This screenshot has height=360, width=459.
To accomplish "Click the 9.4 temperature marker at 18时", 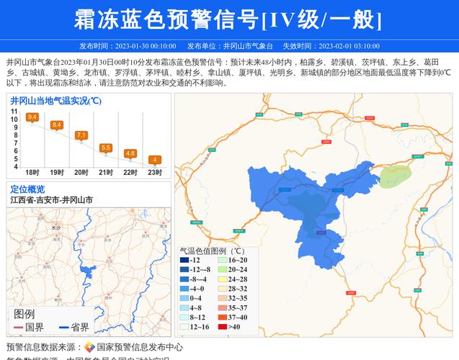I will click(32, 117).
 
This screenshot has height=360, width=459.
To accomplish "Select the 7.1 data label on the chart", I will click(81, 135).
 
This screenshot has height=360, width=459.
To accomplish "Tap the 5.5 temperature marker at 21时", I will click(106, 148).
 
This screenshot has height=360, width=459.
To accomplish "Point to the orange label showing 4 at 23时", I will click(154, 159).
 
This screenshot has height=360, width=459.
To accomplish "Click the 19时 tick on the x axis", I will click(56, 173).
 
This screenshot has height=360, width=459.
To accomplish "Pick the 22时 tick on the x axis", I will click(130, 173).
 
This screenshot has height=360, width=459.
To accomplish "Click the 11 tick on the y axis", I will click(14, 112).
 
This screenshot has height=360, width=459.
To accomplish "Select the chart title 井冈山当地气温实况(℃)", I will click(55, 100).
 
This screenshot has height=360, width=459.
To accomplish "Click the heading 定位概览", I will click(27, 189).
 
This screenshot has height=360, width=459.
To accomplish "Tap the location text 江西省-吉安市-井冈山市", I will click(51, 200).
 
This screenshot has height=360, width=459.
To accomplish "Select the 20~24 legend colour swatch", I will click(223, 269).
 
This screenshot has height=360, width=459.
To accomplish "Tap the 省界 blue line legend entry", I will click(72, 327).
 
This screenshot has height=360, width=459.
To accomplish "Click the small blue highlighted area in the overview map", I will click(90, 273).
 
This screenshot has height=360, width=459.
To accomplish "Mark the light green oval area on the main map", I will click(395, 174).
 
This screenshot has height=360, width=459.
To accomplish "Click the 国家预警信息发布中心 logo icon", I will click(89, 347).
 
